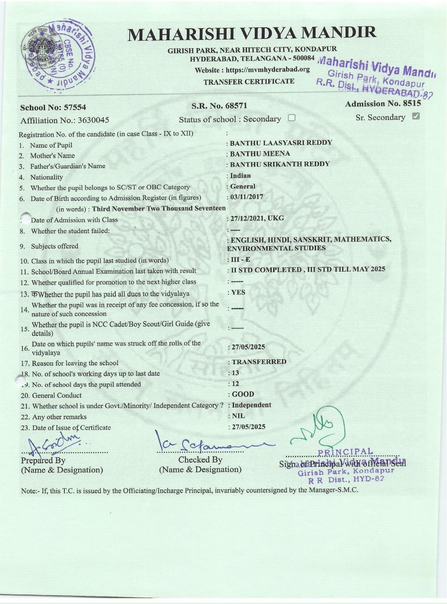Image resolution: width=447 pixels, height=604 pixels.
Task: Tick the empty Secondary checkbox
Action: tap(292, 119)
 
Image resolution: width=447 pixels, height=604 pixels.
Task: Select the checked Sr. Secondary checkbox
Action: tap(416, 117)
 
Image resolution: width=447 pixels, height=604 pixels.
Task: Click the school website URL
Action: tap(268, 70)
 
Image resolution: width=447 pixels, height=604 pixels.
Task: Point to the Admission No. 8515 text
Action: tap(383, 104)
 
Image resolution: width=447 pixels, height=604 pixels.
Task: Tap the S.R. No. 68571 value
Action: tap(219, 106)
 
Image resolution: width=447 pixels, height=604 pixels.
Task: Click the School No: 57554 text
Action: tap(53, 107)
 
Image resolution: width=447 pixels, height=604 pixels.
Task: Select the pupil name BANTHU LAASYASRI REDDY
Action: tap(281, 143)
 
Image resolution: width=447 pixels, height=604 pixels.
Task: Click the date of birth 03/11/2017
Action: tap(246, 197)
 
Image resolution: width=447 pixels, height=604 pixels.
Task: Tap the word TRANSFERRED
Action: tap(259, 362)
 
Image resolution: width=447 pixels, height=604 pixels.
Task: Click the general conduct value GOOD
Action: tap(243, 394)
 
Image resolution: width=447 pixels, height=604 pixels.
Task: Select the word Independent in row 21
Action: tap(252, 405)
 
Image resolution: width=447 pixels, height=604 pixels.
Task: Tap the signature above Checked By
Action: tap(210, 442)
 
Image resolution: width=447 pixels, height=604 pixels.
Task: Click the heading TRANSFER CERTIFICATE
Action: tap(249, 81)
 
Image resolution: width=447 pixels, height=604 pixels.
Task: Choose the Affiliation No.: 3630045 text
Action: tap(65, 120)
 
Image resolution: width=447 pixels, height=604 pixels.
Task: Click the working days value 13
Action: tap(236, 373)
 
